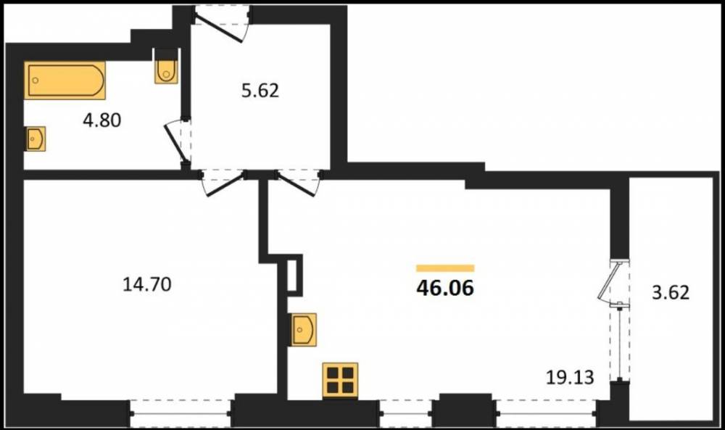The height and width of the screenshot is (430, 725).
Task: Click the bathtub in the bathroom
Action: (65, 80)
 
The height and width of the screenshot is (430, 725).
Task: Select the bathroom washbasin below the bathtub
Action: (35, 138)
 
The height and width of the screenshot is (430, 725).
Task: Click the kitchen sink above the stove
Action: (303, 329)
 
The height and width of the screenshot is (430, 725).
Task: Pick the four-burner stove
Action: (340, 380)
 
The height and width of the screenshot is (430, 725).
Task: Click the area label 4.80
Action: (102, 120)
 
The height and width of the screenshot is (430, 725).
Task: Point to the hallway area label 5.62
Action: (260, 91)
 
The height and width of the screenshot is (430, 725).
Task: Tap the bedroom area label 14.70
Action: (147, 284)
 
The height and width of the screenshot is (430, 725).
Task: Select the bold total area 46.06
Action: (445, 288)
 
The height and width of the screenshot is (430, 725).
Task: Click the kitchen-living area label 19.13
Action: (570, 377)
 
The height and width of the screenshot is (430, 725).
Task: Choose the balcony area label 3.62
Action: (671, 292)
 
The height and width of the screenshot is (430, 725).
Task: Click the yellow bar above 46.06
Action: (445, 268)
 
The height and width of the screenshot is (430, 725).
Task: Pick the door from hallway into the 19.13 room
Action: (297, 183)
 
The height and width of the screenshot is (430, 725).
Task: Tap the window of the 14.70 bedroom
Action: (181, 413)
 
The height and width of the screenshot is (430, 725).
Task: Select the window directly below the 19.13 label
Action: (546, 413)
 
